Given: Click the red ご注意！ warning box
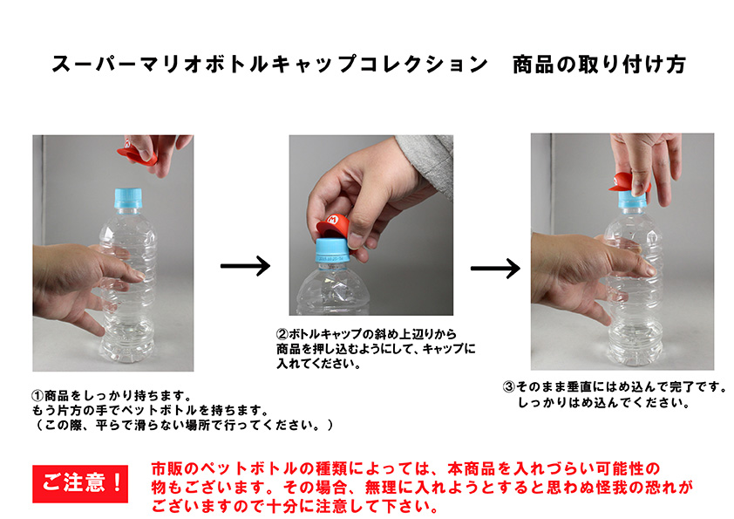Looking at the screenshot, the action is pyautogui.click(x=80, y=483).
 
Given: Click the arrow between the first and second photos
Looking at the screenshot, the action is pyautogui.click(x=245, y=266).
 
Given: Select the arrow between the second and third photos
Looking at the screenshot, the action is pyautogui.click(x=495, y=269).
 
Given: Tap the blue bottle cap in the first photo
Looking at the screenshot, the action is pyautogui.click(x=128, y=198).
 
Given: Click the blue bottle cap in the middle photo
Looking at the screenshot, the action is pyautogui.click(x=333, y=251).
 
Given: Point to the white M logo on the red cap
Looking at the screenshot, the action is pyautogui.click(x=332, y=219).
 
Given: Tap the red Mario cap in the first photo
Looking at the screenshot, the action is pyautogui.click(x=137, y=154).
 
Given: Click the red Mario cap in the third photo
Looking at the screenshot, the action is pyautogui.click(x=626, y=181).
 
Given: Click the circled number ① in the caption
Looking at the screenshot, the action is pyautogui.click(x=37, y=396).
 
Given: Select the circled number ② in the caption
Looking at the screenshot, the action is pyautogui.click(x=282, y=334).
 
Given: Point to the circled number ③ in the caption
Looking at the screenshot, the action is pyautogui.click(x=509, y=387).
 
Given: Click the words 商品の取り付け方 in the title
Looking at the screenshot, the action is pyautogui.click(x=599, y=65).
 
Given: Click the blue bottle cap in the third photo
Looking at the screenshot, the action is pyautogui.click(x=632, y=199).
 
